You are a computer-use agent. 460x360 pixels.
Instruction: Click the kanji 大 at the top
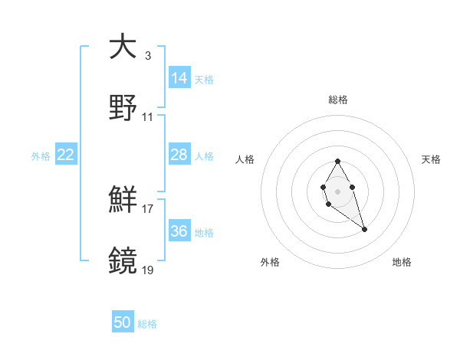[x=123, y=47]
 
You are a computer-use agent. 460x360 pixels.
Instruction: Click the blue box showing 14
[x=179, y=77]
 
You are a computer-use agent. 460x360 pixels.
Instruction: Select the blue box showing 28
[x=179, y=155]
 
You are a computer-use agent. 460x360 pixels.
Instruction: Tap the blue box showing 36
[x=179, y=231]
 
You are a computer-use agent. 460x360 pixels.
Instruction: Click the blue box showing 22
[x=66, y=155]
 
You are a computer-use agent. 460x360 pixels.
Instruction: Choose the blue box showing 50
[x=123, y=322]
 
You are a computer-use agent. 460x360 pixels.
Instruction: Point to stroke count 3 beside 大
[x=147, y=56]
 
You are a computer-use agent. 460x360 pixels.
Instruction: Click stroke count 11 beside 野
[x=148, y=117]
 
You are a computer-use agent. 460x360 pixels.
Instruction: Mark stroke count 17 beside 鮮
[x=148, y=208]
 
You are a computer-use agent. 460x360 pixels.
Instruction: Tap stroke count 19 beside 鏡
[x=148, y=270]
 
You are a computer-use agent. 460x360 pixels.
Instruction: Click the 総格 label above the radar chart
[x=337, y=100]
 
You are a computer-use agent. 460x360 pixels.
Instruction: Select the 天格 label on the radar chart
[x=431, y=159]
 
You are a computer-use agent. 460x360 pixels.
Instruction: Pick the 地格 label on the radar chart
[x=401, y=262]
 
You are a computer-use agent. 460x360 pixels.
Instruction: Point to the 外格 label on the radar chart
[x=270, y=262]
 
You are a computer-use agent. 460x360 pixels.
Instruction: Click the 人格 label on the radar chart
[x=245, y=159]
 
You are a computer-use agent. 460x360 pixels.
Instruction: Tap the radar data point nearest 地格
[x=364, y=229]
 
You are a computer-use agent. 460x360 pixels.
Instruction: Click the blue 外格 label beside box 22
[x=40, y=155]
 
